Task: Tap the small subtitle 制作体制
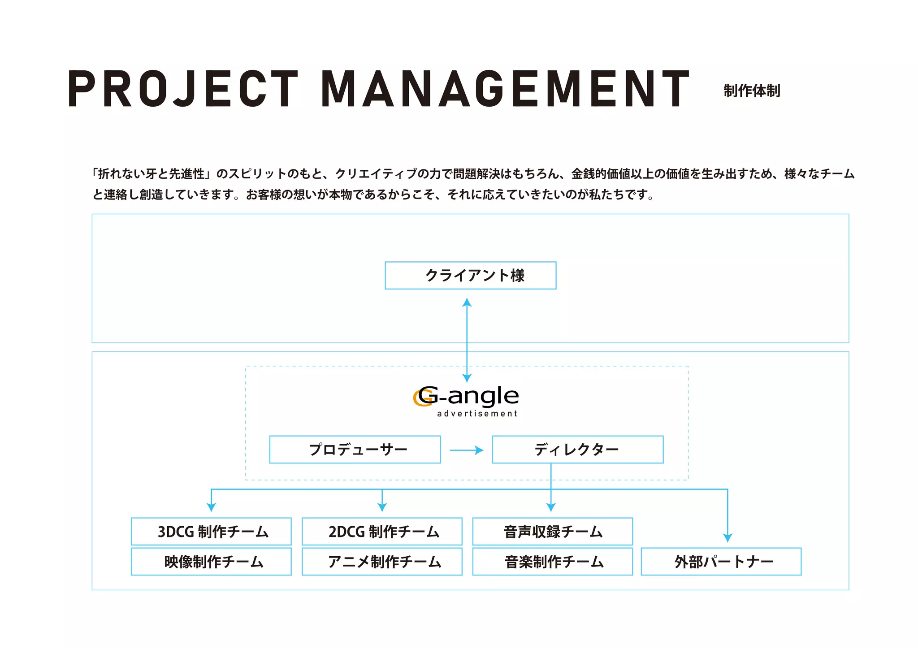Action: [x=752, y=91]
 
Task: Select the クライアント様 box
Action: [x=470, y=275]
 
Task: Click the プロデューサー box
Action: [x=355, y=449]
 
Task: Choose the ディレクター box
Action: [x=577, y=449]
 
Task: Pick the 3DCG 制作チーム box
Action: [x=211, y=532]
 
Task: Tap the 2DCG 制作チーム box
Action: [x=382, y=532]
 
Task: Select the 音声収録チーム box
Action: [x=552, y=532]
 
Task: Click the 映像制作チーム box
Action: [x=211, y=561]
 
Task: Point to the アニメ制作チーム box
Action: [x=382, y=561]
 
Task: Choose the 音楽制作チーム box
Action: [x=552, y=561]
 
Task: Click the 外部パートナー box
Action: [x=721, y=561]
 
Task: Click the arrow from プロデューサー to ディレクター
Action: [x=466, y=450]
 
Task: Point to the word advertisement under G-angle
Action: [x=477, y=414]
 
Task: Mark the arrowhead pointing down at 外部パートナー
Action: [x=727, y=537]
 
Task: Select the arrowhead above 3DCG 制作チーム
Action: [x=211, y=507]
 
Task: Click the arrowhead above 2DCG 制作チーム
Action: [x=382, y=507]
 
